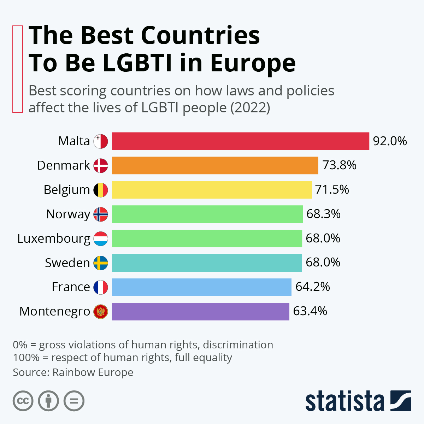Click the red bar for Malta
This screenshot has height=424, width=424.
pos(240,141)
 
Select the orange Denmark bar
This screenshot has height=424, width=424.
pos(215,165)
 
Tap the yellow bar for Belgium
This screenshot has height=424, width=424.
pos(212,190)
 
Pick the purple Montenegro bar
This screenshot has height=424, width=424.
pos(200,311)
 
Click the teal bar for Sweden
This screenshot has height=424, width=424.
pos(207,263)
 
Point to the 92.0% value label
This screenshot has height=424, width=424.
pos(390,141)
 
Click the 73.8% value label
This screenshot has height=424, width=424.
pos(339,165)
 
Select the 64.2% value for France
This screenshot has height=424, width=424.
pos(312,287)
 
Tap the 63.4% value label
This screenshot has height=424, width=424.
pos(310,311)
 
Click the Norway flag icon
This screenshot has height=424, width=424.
pos(101,214)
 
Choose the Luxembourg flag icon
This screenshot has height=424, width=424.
pos(101,238)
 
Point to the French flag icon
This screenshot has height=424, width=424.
pos(101,287)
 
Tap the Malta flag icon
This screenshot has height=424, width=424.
pos(101,141)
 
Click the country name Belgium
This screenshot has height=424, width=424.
pos(67,190)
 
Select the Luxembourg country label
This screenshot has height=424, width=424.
pos(54,238)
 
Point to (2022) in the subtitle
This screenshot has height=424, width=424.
pos(250,107)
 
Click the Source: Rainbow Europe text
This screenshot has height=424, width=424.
pos(73,372)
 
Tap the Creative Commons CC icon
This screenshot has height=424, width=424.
pos(23,401)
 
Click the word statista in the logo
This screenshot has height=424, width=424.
pos(344,401)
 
